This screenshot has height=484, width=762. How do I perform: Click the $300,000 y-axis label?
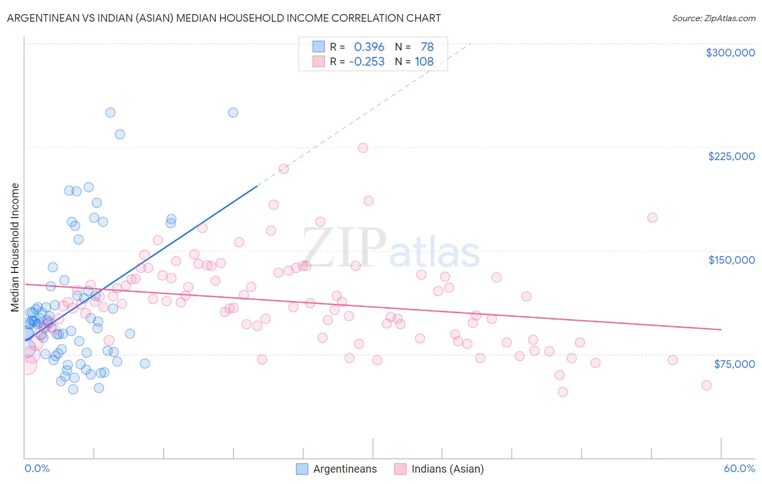730,53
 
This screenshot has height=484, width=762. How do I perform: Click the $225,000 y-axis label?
731,156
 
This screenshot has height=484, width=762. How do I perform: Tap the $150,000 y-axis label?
731,260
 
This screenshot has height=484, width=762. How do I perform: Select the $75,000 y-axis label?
734,364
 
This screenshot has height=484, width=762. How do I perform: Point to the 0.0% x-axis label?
37,468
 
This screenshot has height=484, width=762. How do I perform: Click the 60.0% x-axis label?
739,468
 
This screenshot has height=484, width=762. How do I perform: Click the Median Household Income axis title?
15,247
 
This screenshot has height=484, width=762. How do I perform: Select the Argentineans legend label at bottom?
345,469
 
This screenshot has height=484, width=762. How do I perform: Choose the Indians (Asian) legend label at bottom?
448,469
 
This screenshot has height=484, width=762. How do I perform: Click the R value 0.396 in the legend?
369,47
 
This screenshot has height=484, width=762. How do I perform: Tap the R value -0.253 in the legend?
366,62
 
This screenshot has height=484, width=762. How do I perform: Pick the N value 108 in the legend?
424,62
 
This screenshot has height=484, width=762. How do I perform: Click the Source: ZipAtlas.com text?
713,18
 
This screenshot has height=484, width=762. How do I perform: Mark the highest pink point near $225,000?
363,148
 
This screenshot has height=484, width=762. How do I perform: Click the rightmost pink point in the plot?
706,385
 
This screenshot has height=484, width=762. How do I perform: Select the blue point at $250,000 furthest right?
233,113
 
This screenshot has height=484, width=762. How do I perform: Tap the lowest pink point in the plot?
563,392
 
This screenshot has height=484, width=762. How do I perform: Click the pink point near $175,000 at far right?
653,218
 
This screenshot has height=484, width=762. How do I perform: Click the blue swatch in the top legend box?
318,47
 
